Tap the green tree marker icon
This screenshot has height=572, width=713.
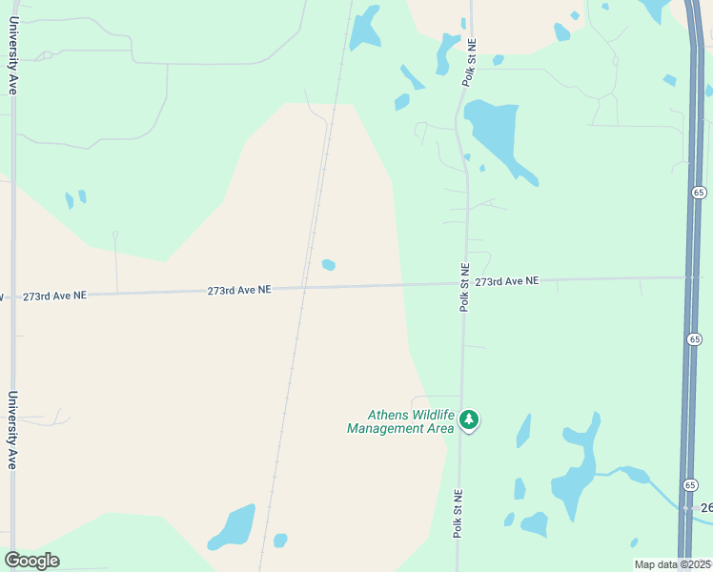(468, 419)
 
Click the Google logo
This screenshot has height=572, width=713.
(31, 560)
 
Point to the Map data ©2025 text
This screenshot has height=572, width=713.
(672, 564)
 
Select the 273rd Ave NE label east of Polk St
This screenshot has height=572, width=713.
(507, 281)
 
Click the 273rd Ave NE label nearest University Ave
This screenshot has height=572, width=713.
(54, 296)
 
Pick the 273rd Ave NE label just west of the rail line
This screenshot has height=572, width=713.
(239, 289)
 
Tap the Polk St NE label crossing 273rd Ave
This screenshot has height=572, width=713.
(464, 287)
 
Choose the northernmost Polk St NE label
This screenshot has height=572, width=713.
(469, 63)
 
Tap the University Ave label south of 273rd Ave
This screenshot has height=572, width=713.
(13, 430)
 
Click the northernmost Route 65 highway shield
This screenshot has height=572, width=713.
(697, 192)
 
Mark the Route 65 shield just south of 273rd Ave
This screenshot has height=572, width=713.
(694, 338)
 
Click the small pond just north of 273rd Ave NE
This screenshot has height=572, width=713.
(329, 265)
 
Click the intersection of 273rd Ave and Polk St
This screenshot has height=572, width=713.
(463, 283)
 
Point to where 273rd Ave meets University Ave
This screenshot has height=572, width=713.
(12, 296)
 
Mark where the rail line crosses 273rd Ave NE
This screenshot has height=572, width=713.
(304, 287)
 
